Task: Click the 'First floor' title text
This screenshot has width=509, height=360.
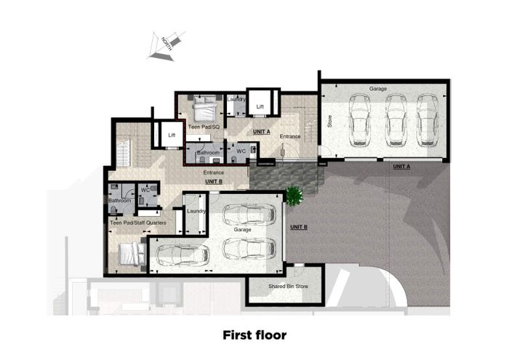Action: (254, 335)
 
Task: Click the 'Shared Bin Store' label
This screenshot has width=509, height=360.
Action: (288, 287)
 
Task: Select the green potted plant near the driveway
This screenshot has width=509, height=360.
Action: (294, 196)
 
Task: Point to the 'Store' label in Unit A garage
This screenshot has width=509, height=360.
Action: (330, 121)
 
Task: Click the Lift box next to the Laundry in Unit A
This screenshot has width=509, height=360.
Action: (260, 103)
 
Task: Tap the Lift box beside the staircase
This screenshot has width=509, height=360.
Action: (172, 135)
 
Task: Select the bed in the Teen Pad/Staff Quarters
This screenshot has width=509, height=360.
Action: (132, 254)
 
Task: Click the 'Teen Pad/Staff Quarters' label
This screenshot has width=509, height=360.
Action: (138, 223)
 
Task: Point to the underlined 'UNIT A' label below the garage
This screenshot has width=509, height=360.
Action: (401, 167)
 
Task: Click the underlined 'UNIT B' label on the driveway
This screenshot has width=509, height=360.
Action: (299, 227)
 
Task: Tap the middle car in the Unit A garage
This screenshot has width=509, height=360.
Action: (396, 121)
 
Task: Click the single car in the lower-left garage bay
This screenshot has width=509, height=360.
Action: (183, 254)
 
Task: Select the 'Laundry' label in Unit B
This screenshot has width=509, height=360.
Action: (196, 211)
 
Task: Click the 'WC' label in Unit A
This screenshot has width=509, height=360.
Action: (241, 151)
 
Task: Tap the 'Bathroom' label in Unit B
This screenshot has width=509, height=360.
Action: (119, 200)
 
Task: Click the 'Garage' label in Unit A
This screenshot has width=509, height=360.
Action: (378, 89)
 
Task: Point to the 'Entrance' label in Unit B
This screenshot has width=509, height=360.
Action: (214, 172)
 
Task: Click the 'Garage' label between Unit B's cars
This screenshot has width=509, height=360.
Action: (242, 230)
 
